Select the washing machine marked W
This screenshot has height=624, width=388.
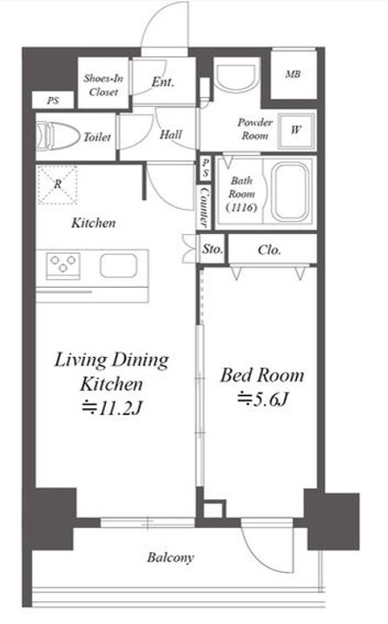pyautogui.click(x=296, y=130)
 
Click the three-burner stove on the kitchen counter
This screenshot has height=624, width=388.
pyautogui.click(x=63, y=264)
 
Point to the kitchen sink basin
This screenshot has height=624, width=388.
pyautogui.click(x=119, y=265)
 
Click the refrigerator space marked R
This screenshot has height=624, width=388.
pyautogui.click(x=57, y=185)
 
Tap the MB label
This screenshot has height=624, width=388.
pyautogui.click(x=293, y=74)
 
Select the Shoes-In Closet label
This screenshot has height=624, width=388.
pyautogui.click(x=103, y=85)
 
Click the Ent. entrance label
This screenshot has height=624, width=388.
pyautogui.click(x=162, y=82)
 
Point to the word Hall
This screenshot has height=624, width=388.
pyautogui.click(x=171, y=134)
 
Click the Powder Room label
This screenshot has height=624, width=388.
pyautogui.click(x=255, y=128)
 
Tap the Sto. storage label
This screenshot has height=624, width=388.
pyautogui.click(x=212, y=250)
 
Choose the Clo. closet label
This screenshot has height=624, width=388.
pyautogui.click(x=269, y=250)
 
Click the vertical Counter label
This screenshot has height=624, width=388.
pyautogui.click(x=204, y=206)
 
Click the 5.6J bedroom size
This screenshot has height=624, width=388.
pyautogui.click(x=262, y=400)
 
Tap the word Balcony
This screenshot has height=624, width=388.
pyautogui.click(x=170, y=557)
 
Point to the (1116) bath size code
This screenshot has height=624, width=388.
pyautogui.click(x=241, y=207)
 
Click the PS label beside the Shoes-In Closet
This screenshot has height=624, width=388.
pyautogui.click(x=53, y=101)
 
